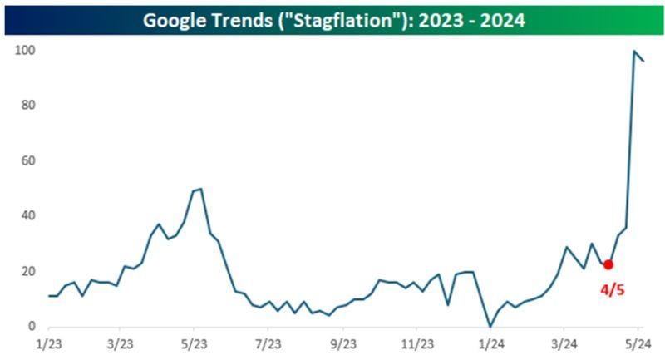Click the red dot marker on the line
(608, 264)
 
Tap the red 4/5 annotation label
(613, 290)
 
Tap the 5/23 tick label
(194, 343)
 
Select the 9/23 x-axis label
(342, 343)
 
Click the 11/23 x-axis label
(416, 343)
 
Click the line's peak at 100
(635, 52)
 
